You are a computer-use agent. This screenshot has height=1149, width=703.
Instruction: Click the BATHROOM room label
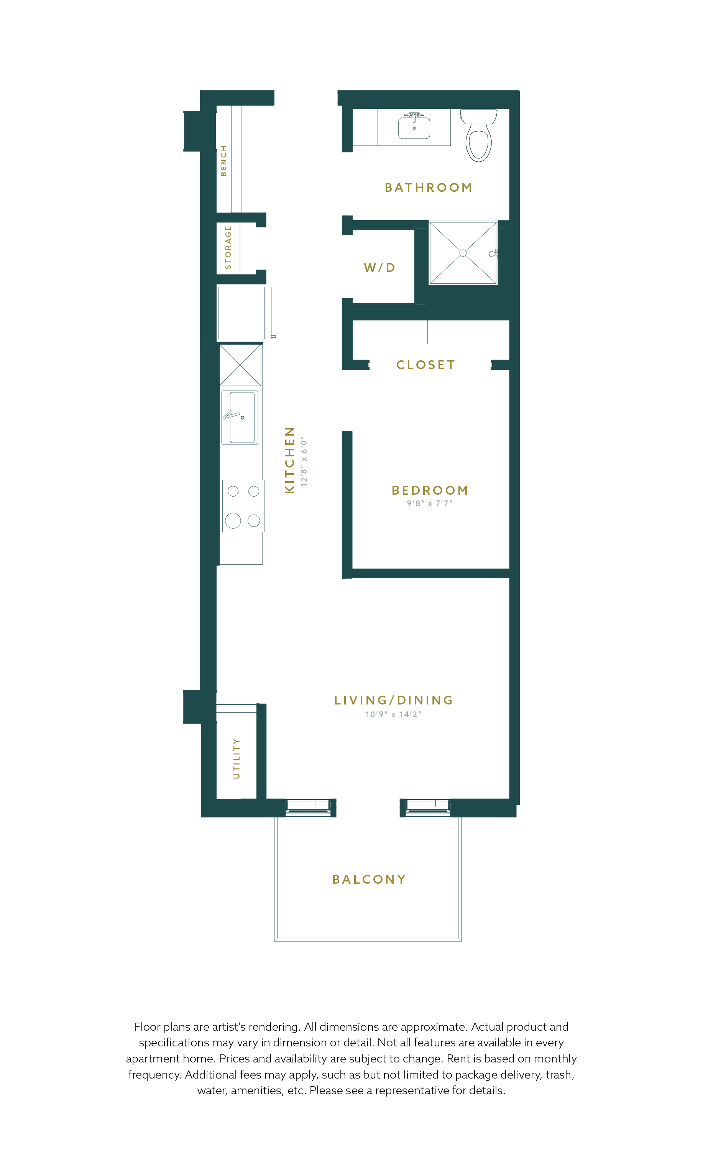(x=428, y=188)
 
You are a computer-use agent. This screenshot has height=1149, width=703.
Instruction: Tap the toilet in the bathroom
(x=478, y=135)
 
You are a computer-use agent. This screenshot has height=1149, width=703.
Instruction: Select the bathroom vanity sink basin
(x=414, y=127)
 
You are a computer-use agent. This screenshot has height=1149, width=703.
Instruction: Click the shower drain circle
(x=463, y=253)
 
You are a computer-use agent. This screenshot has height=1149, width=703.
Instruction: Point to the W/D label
(x=379, y=268)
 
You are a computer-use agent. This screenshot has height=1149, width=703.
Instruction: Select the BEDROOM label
(x=430, y=490)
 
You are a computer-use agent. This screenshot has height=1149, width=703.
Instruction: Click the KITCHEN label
(x=290, y=460)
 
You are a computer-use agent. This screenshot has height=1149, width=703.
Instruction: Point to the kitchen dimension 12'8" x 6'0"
(x=304, y=462)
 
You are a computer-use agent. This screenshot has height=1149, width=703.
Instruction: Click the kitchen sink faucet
(x=232, y=415)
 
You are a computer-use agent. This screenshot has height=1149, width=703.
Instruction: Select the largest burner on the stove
(x=233, y=520)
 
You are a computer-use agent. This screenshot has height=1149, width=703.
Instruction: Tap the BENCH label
(x=223, y=160)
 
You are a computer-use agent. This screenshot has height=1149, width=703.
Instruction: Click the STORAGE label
(x=228, y=247)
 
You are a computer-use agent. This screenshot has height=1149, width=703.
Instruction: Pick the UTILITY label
(x=237, y=758)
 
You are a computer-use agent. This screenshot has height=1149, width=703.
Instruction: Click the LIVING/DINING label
(x=394, y=700)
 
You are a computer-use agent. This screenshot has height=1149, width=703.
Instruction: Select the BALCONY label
(x=369, y=879)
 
